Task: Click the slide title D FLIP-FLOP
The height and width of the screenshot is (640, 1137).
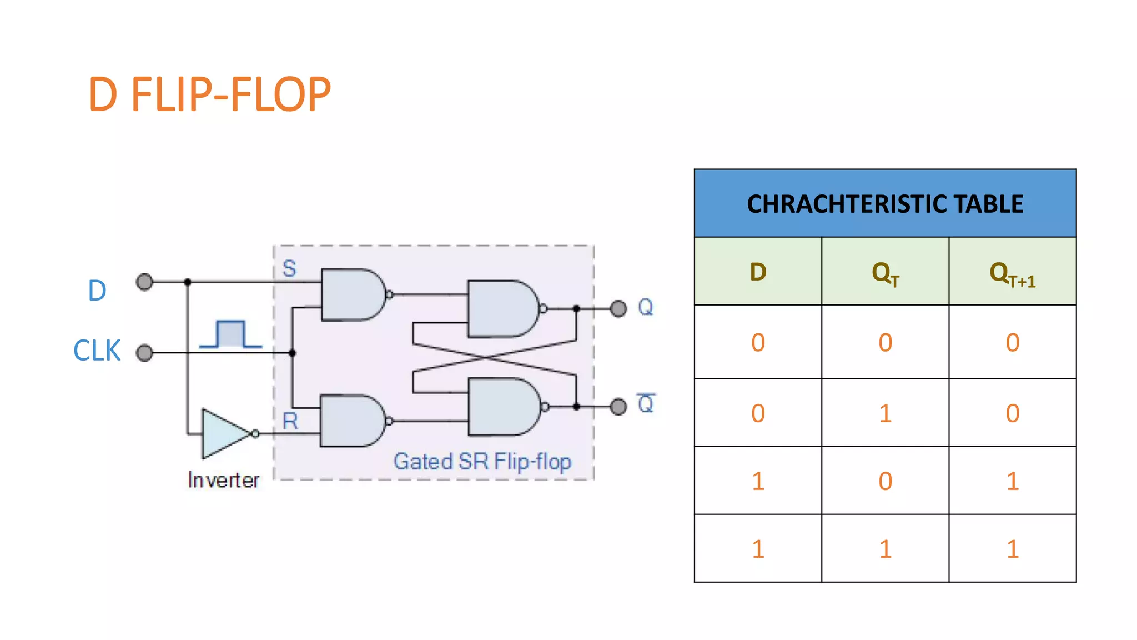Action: [209, 94]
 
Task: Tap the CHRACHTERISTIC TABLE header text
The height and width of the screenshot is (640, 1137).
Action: [885, 204]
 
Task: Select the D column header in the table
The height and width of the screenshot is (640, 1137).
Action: [758, 272]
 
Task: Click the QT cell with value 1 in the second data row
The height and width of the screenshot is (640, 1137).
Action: [885, 413]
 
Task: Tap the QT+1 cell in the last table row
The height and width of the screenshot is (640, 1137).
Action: [1012, 549]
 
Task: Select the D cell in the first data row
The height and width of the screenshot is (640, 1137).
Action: [758, 342]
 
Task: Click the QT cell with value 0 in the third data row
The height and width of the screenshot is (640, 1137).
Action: [885, 481]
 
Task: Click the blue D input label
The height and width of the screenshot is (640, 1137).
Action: [97, 291]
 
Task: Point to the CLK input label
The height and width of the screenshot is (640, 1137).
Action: [97, 351]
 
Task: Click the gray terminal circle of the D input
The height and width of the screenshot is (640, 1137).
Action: [145, 282]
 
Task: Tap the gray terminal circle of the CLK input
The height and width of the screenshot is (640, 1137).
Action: [145, 353]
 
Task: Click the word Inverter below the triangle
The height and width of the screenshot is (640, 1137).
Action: [223, 480]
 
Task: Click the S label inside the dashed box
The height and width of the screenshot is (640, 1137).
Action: [289, 269]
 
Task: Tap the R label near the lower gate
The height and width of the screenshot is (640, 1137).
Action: [290, 421]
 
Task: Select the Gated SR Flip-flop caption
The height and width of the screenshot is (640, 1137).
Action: [482, 462]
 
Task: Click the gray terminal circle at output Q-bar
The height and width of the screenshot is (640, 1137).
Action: [618, 407]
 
